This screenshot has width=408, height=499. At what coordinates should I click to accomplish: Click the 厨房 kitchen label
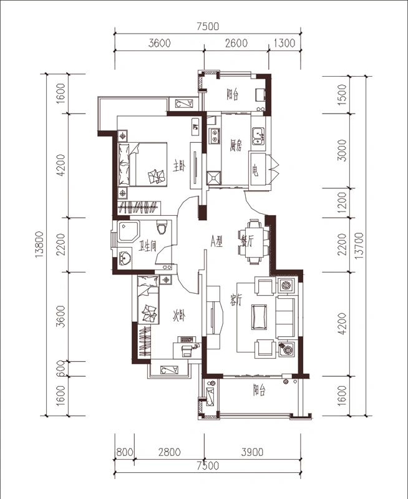pos(236,145)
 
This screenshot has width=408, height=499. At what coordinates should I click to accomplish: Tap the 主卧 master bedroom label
pos(179,166)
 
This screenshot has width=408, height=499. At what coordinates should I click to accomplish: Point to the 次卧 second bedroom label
pos(179,316)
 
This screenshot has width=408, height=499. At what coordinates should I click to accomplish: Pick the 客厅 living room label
pos(235,301)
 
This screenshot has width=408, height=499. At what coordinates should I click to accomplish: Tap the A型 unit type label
pos(216,241)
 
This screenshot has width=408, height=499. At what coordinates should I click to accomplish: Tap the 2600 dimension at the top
pos(236,43)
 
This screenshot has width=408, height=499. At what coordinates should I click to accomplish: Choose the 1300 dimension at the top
pos(284,43)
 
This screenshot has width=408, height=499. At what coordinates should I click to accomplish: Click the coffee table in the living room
pos(258,316)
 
